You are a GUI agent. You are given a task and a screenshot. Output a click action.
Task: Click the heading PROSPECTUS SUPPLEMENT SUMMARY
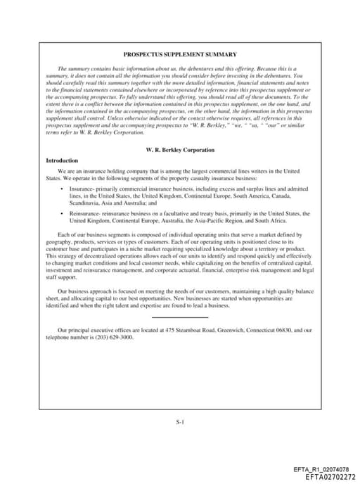pyautogui.click(x=180, y=54)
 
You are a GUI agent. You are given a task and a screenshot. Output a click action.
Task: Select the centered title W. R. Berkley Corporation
pyautogui.click(x=180, y=150)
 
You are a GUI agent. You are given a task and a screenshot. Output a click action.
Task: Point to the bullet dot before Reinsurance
pyautogui.click(x=63, y=212)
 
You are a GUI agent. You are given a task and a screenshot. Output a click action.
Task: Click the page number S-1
pyautogui.click(x=180, y=422)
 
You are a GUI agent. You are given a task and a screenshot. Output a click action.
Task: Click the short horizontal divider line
pyautogui.click(x=180, y=318)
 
